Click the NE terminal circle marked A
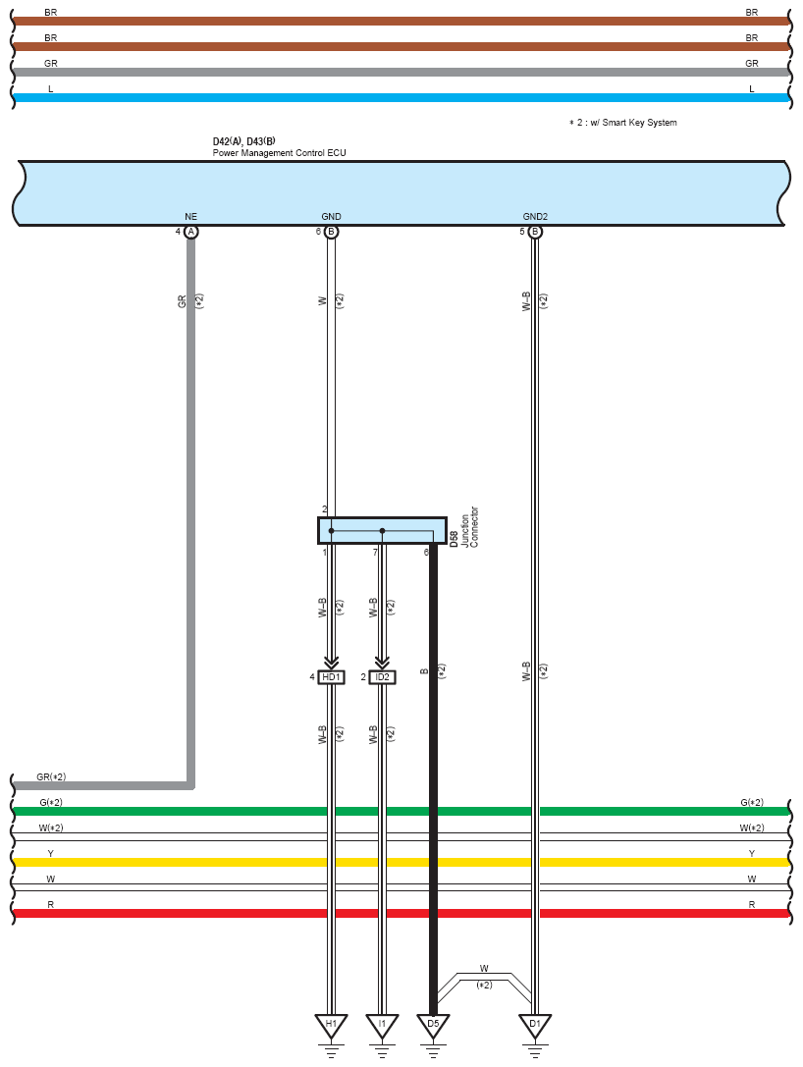pyautogui.click(x=191, y=232)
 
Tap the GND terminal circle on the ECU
pyautogui.click(x=332, y=232)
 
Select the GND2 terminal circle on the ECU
pyautogui.click(x=536, y=232)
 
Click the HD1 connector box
pyautogui.click(x=332, y=677)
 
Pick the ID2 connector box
pyautogui.click(x=383, y=677)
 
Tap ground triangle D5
pyautogui.click(x=434, y=1025)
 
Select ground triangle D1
pyautogui.click(x=536, y=1025)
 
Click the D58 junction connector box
pyautogui.click(x=383, y=531)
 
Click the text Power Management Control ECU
pyautogui.click(x=279, y=153)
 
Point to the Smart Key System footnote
pyautogui.click(x=623, y=123)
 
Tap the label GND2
pyautogui.click(x=536, y=216)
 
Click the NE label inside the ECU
pyautogui.click(x=191, y=216)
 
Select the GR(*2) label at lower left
pyautogui.click(x=51, y=777)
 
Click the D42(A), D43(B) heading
pyautogui.click(x=244, y=141)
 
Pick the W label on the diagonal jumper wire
pyautogui.click(x=484, y=968)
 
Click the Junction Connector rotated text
pyautogui.click(x=469, y=527)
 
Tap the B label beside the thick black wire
pyautogui.click(x=425, y=671)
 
